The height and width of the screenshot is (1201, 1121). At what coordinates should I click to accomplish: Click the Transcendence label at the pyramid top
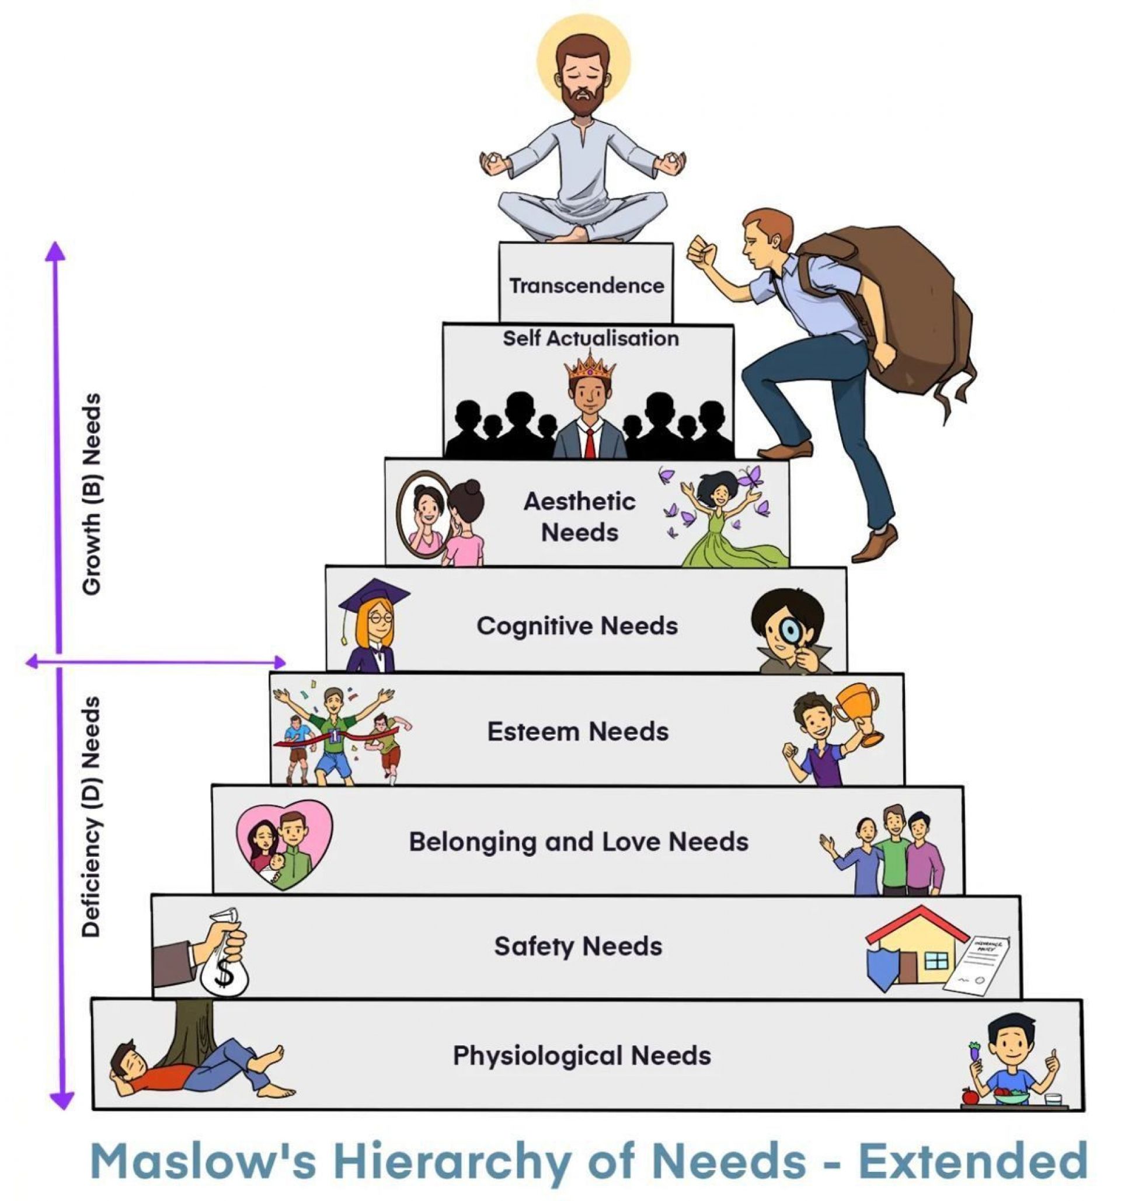point(586,285)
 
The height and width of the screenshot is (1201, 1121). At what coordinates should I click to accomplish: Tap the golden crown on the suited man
point(589,365)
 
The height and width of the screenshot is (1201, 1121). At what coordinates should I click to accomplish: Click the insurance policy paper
point(976,966)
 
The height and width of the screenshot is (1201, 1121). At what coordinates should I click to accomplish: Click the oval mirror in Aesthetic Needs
point(424,515)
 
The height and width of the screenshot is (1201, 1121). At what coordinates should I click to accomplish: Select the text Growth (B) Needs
point(91,494)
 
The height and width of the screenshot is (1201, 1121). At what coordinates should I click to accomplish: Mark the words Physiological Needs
point(582,1056)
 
